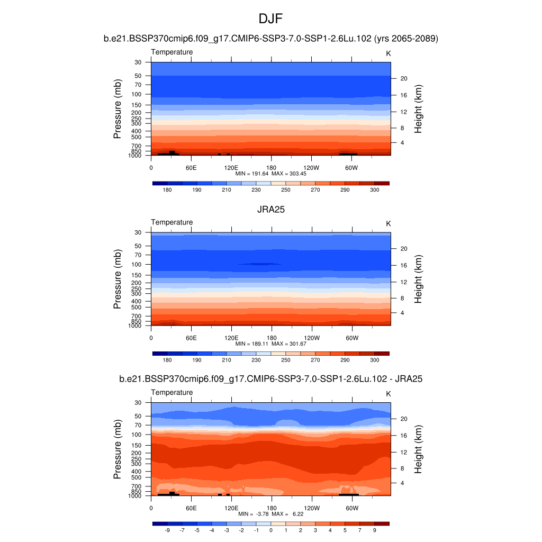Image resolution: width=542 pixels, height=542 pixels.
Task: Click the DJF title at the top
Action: (271, 19)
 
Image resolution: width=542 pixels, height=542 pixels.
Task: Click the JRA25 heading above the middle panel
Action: (271, 210)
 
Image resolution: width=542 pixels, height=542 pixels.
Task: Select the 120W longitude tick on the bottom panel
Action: (312, 508)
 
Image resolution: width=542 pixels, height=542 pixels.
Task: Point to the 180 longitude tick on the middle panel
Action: (271, 338)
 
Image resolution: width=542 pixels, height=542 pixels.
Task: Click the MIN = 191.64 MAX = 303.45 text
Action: (271, 174)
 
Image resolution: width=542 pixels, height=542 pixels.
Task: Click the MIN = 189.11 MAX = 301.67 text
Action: (271, 344)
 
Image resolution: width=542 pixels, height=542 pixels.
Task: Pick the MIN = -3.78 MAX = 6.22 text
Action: (271, 514)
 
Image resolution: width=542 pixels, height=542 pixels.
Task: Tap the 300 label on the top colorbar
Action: (374, 189)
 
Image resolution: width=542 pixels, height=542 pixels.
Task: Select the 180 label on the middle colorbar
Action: (167, 360)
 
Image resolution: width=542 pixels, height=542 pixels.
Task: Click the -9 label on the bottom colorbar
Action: (167, 530)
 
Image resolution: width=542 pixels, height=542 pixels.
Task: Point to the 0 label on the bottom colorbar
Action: (271, 530)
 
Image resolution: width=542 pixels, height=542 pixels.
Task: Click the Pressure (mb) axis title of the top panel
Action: (118, 109)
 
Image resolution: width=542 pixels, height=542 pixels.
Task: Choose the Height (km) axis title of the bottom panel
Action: (418, 449)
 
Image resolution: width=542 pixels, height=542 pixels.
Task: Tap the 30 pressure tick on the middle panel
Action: (138, 232)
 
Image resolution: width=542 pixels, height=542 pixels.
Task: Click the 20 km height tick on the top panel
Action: (403, 78)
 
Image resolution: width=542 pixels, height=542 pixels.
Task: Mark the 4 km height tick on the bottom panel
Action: (402, 483)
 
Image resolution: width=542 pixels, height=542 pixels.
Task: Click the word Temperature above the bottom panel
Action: (172, 392)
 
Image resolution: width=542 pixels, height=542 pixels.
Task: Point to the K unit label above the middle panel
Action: (389, 224)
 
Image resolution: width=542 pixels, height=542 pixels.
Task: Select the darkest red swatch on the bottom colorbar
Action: (382, 523)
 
